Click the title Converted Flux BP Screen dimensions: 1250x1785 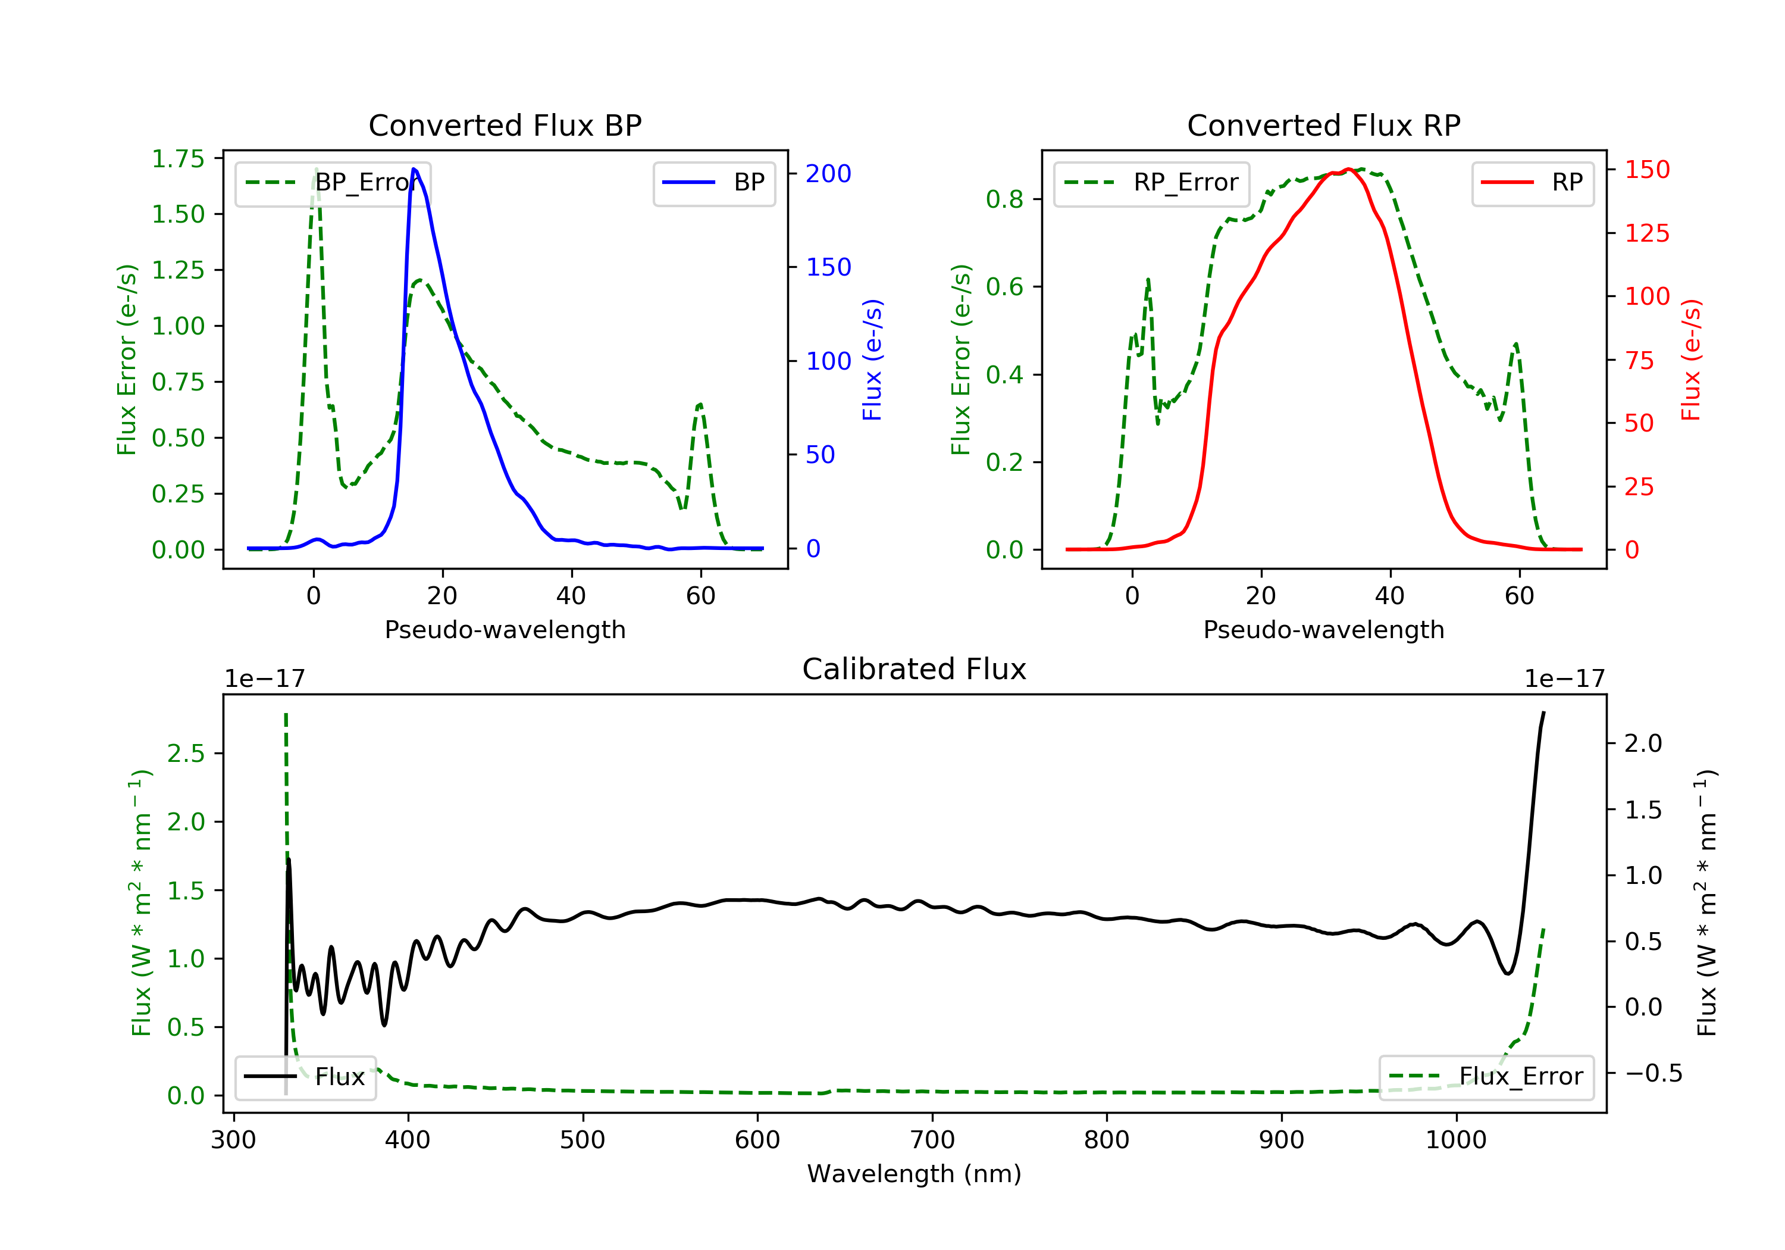505,125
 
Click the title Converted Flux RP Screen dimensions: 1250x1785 1323,125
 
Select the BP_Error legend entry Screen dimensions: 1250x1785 333,183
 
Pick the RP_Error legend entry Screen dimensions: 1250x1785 1151,183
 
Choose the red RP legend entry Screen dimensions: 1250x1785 1532,183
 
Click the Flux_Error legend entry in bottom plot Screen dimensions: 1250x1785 1486,1077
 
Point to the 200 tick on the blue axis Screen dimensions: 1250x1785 828,173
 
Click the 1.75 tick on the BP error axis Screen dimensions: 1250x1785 178,159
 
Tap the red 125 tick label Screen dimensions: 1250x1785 1646,233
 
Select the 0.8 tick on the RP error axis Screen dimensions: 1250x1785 1004,199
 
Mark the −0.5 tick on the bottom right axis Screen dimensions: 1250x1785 1653,1073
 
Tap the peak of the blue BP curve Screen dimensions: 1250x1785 414,170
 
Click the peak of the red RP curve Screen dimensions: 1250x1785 1349,170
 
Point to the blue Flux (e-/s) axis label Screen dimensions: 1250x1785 872,360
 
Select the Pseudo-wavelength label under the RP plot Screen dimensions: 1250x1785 1323,629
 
